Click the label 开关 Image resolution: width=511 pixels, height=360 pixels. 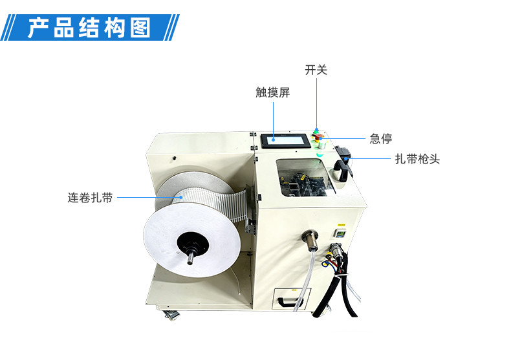316,70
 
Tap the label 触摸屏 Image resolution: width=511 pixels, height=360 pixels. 272,92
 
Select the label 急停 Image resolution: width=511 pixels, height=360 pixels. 380,138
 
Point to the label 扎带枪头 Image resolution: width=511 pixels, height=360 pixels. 417,158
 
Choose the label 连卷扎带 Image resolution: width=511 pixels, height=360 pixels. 91,198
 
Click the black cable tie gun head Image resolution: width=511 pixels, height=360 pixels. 344,165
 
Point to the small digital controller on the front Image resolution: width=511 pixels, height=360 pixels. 340,231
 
